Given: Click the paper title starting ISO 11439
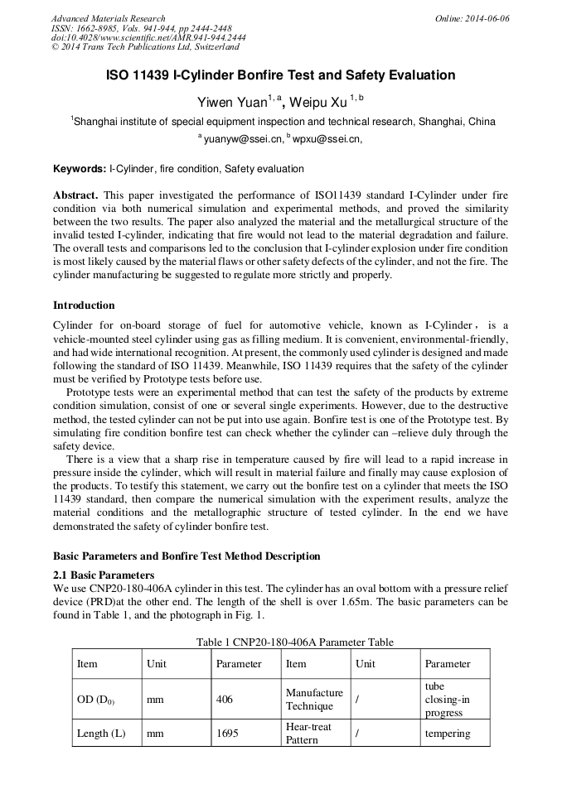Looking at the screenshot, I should [x=281, y=75].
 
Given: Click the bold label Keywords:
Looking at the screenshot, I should [x=80, y=169].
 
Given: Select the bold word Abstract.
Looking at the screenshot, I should [x=76, y=195].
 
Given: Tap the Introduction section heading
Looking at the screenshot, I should [x=84, y=306].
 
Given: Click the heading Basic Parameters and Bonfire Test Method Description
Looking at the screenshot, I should [x=187, y=556].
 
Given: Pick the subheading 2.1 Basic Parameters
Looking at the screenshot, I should [x=104, y=575].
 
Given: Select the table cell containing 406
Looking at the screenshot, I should [x=225, y=700].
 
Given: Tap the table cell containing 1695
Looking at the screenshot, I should [x=226, y=734].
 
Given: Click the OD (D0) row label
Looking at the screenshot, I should [x=95, y=700].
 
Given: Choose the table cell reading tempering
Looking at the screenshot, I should [x=448, y=734].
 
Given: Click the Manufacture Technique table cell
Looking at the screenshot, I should [x=314, y=700].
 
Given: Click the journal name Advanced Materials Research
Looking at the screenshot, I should [x=109, y=18].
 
